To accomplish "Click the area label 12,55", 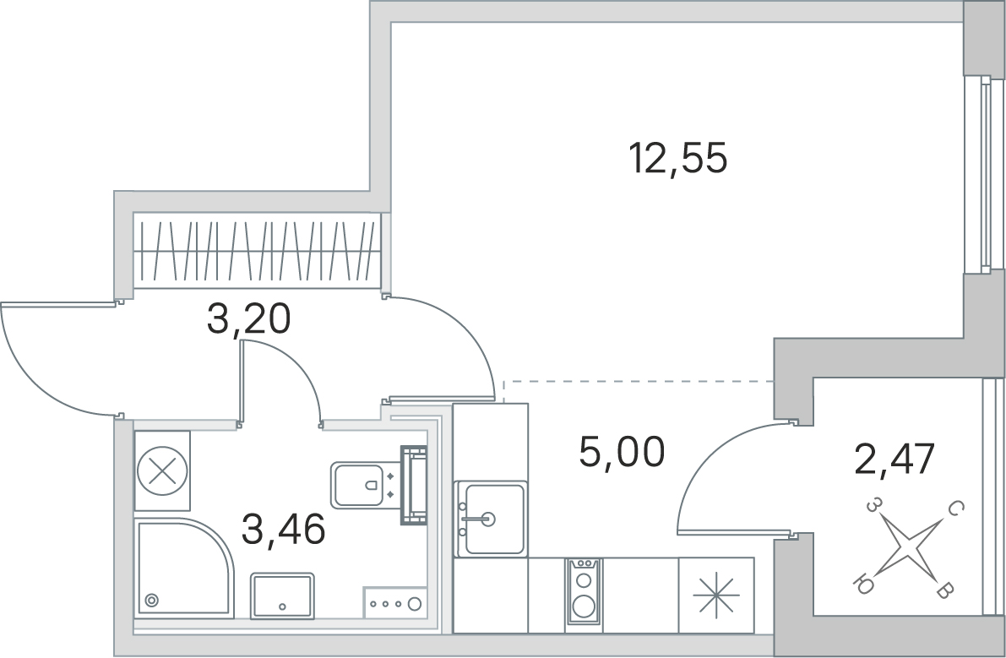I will pyautogui.click(x=678, y=158).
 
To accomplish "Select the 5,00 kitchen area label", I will pyautogui.click(x=623, y=453).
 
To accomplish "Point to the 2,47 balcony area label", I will pyautogui.click(x=894, y=460).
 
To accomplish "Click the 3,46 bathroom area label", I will pyautogui.click(x=283, y=530).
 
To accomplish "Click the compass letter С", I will pyautogui.click(x=955, y=508).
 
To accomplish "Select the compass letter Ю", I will pyautogui.click(x=864, y=584).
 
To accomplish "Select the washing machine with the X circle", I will pyautogui.click(x=161, y=470).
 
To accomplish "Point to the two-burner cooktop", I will pyautogui.click(x=583, y=592).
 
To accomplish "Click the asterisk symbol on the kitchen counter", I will pyautogui.click(x=715, y=596).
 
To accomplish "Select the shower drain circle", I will pyautogui.click(x=152, y=600).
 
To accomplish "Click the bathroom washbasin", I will pyautogui.click(x=282, y=596).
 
